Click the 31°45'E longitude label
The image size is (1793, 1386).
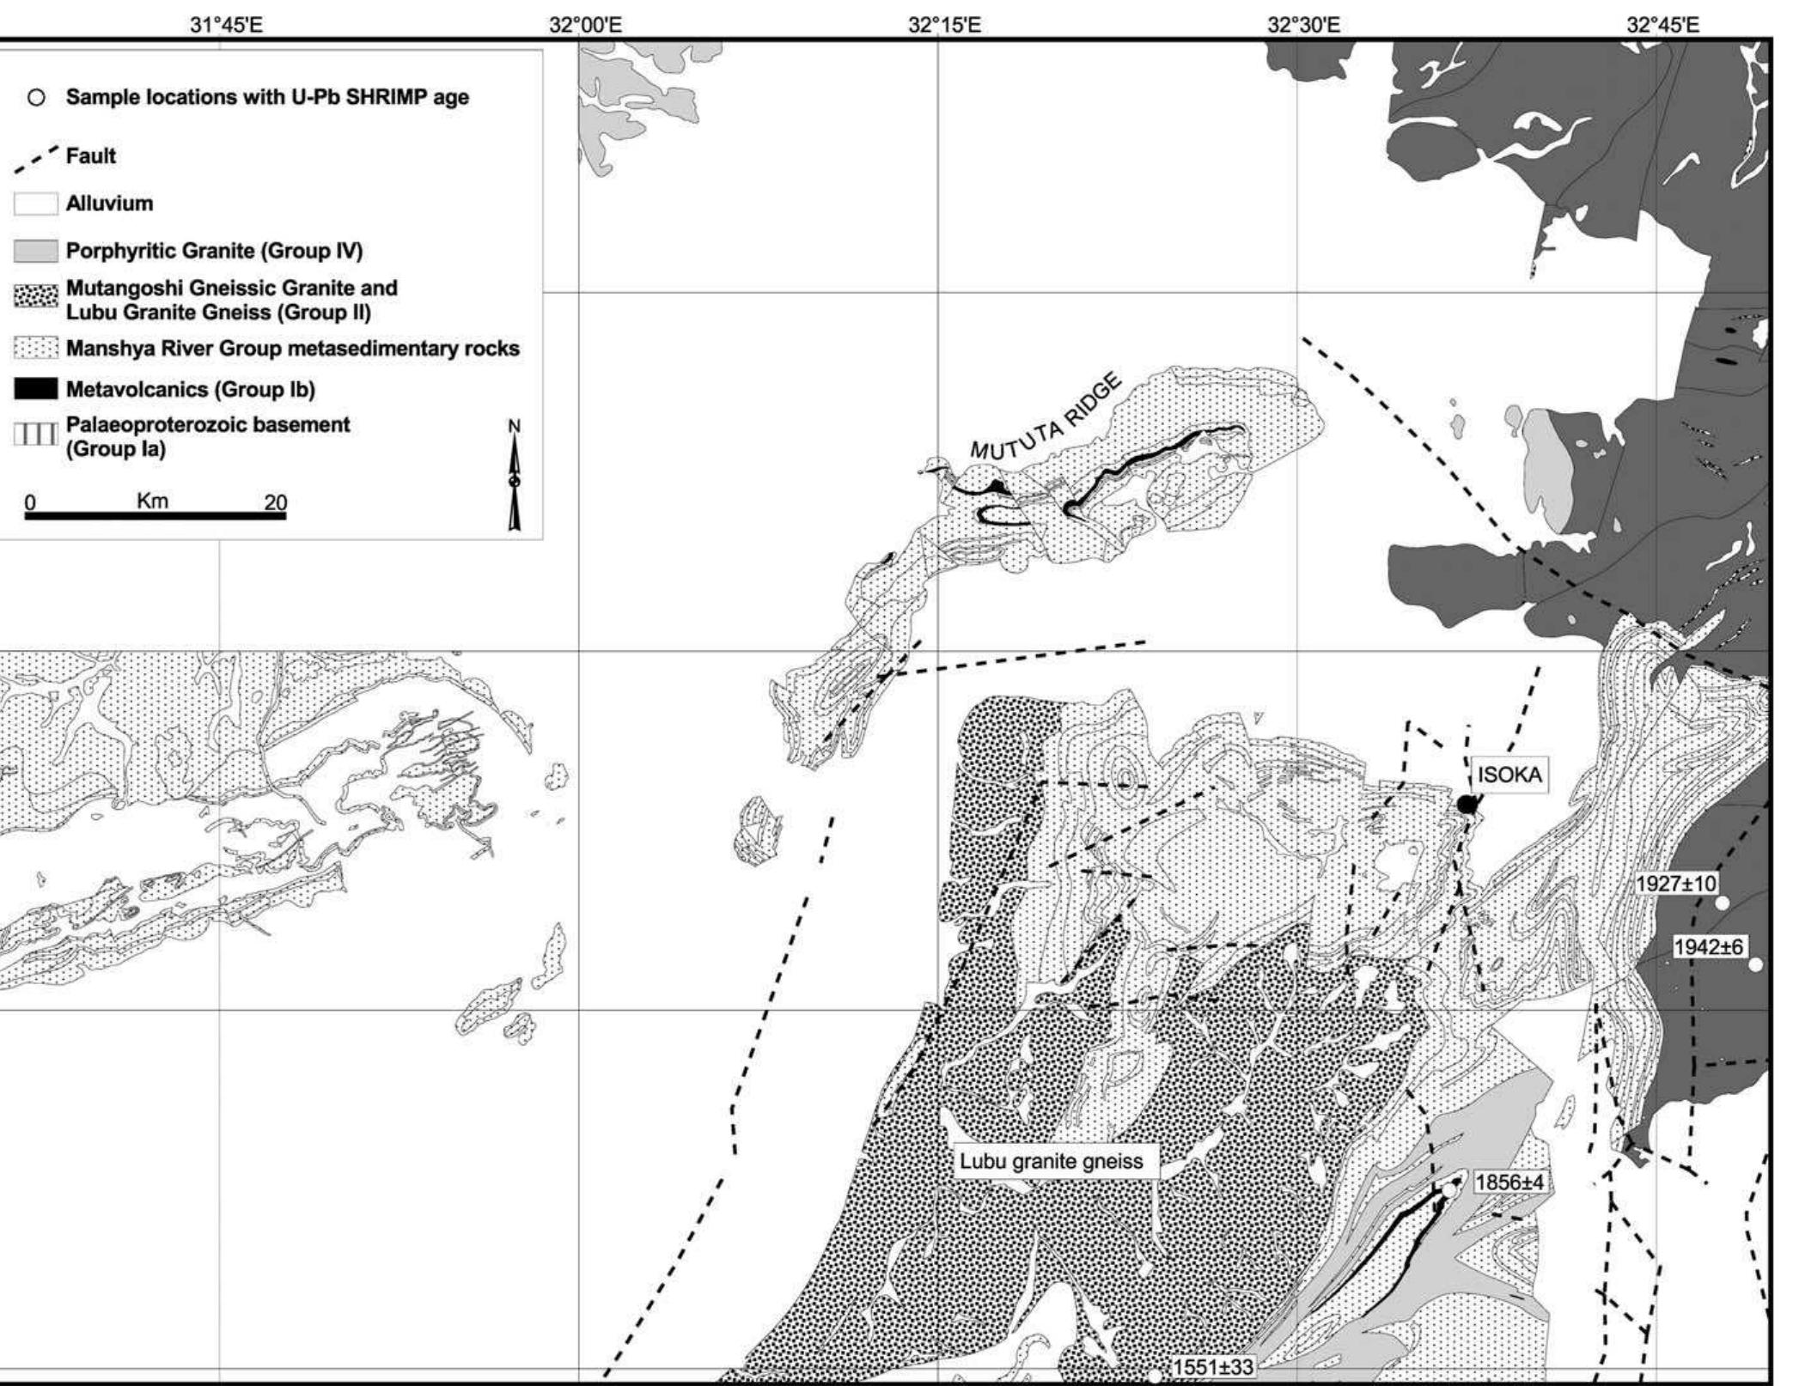(227, 25)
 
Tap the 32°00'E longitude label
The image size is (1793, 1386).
(585, 25)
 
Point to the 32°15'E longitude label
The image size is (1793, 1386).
(944, 25)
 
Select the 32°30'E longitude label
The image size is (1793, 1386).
(1303, 25)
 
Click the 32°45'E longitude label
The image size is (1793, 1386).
(1662, 25)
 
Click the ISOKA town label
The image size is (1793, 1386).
(1509, 775)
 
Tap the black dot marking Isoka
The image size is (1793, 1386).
(1467, 805)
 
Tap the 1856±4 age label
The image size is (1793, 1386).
(1509, 1183)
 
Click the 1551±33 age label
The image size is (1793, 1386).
(1212, 1366)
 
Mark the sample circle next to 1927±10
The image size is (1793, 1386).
(1722, 903)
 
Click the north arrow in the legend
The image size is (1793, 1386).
(514, 477)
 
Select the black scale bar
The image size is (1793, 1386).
(156, 516)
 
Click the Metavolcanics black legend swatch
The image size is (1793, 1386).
(36, 389)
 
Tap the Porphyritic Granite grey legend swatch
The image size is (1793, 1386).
(36, 252)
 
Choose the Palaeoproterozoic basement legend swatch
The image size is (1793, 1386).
(36, 435)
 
